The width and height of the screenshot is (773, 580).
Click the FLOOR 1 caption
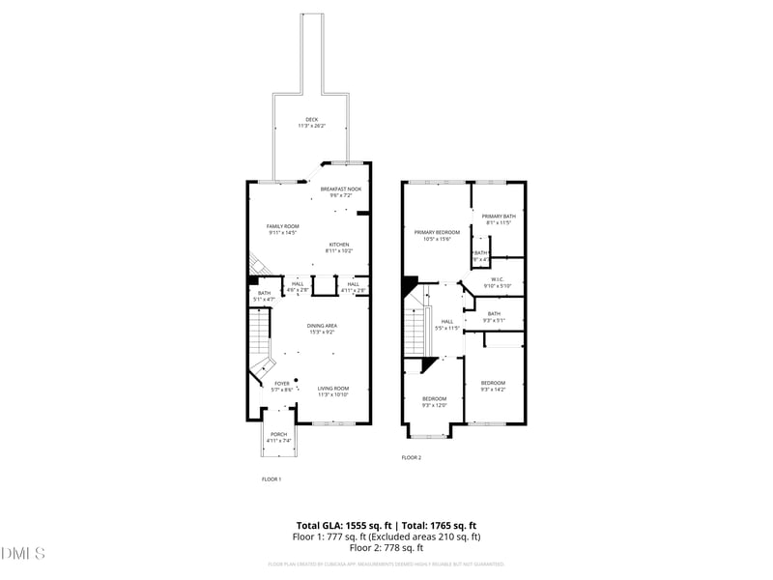tap(272, 479)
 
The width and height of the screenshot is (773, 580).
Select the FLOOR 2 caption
tap(412, 457)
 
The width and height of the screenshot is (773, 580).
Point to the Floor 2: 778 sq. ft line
tap(386, 548)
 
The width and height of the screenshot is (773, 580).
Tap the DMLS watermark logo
tap(24, 553)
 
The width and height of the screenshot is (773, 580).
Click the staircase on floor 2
tap(415, 329)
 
